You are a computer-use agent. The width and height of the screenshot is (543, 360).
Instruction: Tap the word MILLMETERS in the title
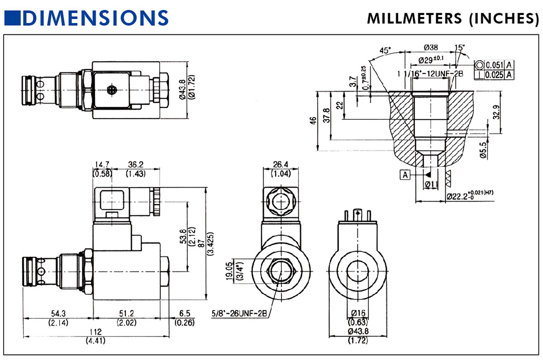409,18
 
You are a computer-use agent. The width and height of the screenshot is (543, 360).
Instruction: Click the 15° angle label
459,47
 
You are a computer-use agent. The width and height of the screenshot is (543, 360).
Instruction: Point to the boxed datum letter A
405,175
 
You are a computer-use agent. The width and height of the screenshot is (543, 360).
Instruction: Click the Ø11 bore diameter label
432,184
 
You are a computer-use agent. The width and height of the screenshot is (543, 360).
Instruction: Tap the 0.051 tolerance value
495,65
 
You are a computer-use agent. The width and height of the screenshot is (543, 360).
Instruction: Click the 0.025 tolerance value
495,74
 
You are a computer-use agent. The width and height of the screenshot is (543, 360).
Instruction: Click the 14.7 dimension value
103,165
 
